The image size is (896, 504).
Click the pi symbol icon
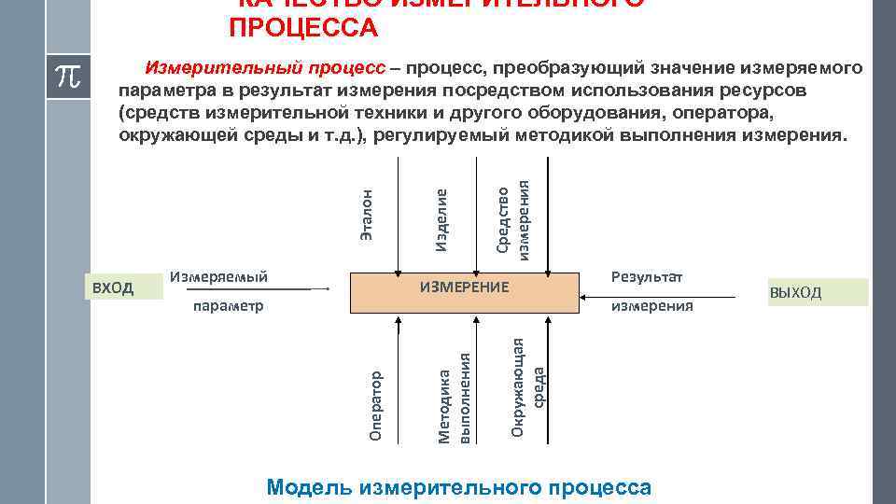tap(68, 76)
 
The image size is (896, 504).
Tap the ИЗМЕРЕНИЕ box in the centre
tap(464, 291)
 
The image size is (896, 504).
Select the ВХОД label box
tap(114, 287)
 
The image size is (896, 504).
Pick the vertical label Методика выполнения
tap(456, 397)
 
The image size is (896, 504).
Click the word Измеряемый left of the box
tap(218, 276)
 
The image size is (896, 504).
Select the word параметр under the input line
tap(229, 305)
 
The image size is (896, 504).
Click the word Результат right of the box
tap(647, 276)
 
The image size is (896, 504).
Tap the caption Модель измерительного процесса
tap(459, 487)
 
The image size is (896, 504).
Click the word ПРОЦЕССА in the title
tap(303, 28)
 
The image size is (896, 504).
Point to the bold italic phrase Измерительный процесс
tap(264, 69)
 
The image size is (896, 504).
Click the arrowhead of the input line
tap(328, 290)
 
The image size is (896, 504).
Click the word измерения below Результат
tap(651, 305)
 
